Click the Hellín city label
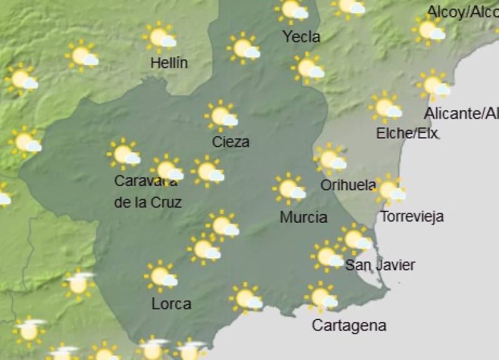pyautogui.click(x=169, y=63)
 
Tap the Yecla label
pyautogui.click(x=301, y=37)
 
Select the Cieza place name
pyautogui.click(x=231, y=142)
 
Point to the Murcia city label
pyautogui.click(x=303, y=217)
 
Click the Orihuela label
pyautogui.click(x=347, y=185)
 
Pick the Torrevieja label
pyautogui.click(x=412, y=216)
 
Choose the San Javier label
pyautogui.click(x=380, y=265)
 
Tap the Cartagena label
pyautogui.click(x=349, y=325)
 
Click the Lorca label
pyautogui.click(x=172, y=304)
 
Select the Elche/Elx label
pyautogui.click(x=407, y=133)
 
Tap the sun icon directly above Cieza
pyautogui.click(x=221, y=115)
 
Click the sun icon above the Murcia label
pyautogui.click(x=289, y=188)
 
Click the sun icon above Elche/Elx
pyautogui.click(x=385, y=107)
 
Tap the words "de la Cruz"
pyautogui.click(x=148, y=202)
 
